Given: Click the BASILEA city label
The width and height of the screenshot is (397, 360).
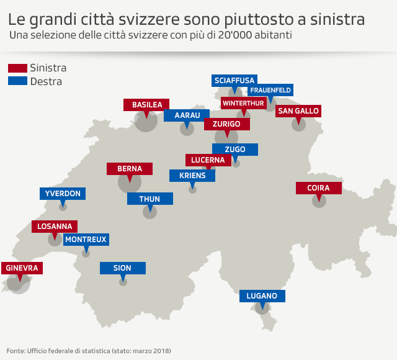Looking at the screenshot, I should (146, 105).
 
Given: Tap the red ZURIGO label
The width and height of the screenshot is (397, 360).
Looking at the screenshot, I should (226, 124).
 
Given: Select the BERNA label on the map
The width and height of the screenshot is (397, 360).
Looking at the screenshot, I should (130, 169).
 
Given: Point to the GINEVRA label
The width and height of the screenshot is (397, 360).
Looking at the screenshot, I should (22, 268).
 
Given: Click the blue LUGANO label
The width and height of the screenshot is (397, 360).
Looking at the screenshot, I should (262, 296).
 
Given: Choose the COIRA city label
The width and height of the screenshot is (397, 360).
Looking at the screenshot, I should (318, 188).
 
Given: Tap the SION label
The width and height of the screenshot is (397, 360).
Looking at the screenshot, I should (123, 268).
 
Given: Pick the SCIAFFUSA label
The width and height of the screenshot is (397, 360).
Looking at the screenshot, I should (234, 81).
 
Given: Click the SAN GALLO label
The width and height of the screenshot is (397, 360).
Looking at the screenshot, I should (298, 111).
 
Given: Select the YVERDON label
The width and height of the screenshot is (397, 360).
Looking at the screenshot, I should (63, 194).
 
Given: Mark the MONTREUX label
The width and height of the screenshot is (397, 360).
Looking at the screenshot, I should (86, 239).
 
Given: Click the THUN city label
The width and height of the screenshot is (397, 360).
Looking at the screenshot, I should (149, 199).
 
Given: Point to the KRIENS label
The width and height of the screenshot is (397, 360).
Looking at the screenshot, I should (192, 176).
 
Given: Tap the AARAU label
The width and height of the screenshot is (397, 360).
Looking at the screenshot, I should (187, 115).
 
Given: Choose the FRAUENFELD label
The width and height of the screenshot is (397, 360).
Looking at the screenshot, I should (270, 90).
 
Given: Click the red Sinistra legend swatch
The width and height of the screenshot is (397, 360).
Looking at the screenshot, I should (17, 68).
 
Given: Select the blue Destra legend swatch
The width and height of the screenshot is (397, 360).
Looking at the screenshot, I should (17, 81).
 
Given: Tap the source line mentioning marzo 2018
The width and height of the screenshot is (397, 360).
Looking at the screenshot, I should (89, 351).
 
